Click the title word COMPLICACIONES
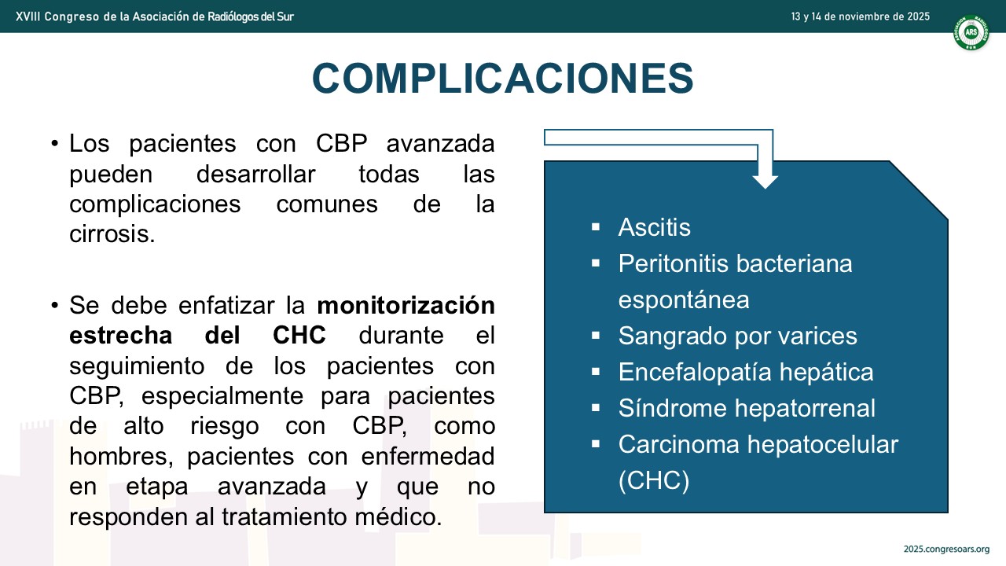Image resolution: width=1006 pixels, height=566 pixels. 503,79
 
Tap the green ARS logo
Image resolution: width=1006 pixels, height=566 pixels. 971,32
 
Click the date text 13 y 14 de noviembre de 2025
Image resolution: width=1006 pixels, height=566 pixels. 860,17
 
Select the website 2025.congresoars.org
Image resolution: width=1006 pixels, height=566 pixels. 946,549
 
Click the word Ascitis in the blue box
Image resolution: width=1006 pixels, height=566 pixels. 655,227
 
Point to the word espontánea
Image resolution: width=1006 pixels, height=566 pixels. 684,300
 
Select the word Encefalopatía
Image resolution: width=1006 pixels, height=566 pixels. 695,373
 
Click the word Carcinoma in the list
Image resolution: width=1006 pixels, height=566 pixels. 678,445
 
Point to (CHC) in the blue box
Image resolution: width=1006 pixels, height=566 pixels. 653,480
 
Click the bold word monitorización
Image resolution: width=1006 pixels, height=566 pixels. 406,306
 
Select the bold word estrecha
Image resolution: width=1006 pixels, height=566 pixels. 121,336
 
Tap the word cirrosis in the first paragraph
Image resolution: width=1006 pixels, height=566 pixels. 112,234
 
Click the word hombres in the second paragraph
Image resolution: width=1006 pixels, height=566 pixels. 121,457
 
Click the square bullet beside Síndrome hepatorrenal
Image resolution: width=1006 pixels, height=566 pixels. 596,408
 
